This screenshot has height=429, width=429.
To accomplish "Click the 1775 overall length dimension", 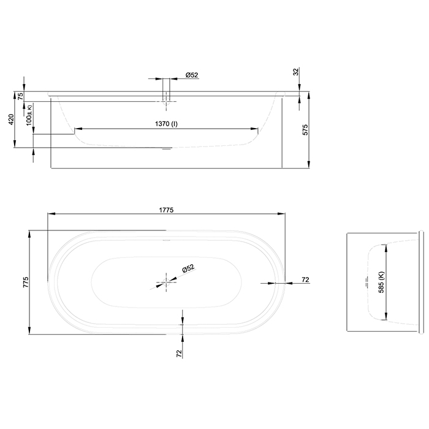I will point(165,209).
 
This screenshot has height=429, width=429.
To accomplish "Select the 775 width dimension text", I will point(25,282).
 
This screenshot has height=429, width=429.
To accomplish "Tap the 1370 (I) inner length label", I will point(166,124).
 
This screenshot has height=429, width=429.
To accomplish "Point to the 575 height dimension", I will point(313,129).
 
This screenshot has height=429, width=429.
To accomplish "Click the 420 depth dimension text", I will point(10,120).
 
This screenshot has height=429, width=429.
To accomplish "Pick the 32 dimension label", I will point(296,72).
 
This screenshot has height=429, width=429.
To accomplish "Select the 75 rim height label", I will point(20,96).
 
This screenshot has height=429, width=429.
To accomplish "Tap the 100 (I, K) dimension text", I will point(29,115).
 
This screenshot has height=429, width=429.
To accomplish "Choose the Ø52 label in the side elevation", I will point(192,75).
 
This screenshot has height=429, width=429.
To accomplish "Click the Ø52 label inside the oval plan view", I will point(188,268).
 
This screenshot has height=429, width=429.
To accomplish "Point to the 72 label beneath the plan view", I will point(180,354).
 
